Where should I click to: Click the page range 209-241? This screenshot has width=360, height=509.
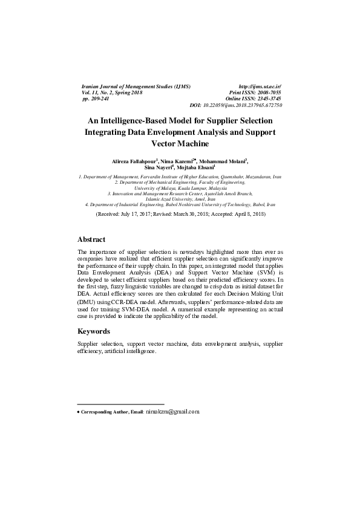tap(101, 99)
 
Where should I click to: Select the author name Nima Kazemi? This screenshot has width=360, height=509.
tap(177, 162)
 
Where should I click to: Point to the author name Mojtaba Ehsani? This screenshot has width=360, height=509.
tap(195, 169)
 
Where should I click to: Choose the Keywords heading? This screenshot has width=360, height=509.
tap(94, 331)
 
